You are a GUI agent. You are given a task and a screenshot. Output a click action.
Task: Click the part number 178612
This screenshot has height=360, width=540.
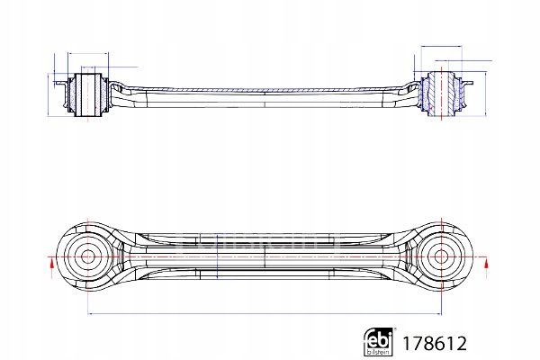point(435,344)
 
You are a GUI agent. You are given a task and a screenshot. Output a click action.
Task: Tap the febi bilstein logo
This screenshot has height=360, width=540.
point(379,342)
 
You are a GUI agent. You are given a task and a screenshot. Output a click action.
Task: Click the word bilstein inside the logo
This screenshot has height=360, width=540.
point(379,352)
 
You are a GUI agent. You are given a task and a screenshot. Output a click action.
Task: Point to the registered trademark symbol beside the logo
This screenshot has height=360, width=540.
point(395,329)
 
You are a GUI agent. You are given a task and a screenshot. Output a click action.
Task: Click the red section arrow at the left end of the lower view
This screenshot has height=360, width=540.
point(51,265)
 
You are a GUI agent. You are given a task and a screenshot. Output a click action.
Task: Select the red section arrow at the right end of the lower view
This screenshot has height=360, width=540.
point(486,265)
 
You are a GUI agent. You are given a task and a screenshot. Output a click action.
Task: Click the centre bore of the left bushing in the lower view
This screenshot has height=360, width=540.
point(88,256)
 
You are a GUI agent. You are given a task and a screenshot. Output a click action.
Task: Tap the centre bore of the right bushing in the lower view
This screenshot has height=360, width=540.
point(441,256)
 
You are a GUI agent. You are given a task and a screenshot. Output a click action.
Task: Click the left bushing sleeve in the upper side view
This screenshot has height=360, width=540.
point(88,94)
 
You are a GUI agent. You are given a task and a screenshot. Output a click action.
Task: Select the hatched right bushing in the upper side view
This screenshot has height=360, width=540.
point(441,94)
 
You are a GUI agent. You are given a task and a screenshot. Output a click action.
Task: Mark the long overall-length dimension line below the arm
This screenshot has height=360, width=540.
point(265,314)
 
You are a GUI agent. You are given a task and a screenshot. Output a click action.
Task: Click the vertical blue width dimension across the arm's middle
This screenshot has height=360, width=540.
point(217,256)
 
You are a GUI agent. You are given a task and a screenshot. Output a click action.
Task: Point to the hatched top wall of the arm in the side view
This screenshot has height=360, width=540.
point(265,90)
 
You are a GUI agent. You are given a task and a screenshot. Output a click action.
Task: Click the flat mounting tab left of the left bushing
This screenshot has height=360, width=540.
point(61,83)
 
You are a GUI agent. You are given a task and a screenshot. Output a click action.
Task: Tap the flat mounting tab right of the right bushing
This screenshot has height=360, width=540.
point(467,83)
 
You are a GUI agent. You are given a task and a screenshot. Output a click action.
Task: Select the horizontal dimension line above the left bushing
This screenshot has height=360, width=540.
point(88,53)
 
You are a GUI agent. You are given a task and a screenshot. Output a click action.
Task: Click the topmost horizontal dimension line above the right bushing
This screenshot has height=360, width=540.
point(441,46)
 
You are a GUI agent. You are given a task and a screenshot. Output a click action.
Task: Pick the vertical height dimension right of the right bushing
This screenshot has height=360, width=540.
point(486,94)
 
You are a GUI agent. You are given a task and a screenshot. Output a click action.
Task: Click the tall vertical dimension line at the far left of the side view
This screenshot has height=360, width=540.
point(48,94)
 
